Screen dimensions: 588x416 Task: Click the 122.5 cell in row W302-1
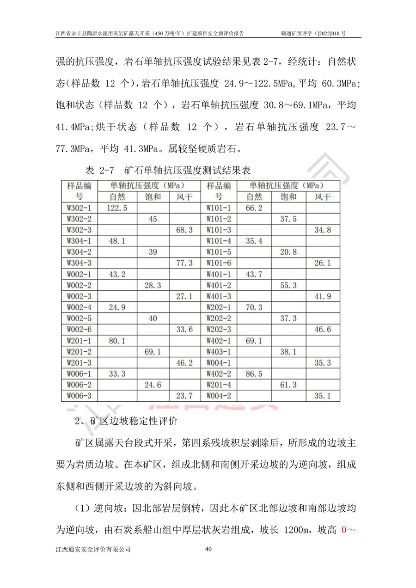pos(117,208)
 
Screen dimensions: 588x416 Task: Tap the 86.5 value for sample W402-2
pos(254,374)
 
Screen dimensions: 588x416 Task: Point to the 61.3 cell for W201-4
pos(288,385)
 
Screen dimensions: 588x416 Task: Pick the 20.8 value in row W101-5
pos(288,252)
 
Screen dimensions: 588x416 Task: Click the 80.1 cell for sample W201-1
pos(117,341)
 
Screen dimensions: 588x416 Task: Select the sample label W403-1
pos(219,352)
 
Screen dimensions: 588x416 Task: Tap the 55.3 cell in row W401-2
pos(288,286)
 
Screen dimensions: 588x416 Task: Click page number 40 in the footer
pos(208,549)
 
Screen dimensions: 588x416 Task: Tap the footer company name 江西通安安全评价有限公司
pos(93,549)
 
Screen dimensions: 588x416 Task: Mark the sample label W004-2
pos(219,396)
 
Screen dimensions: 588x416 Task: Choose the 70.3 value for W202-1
pos(254,308)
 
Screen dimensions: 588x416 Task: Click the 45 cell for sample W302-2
pos(153,219)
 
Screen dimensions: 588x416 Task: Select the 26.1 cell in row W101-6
pos(323,263)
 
